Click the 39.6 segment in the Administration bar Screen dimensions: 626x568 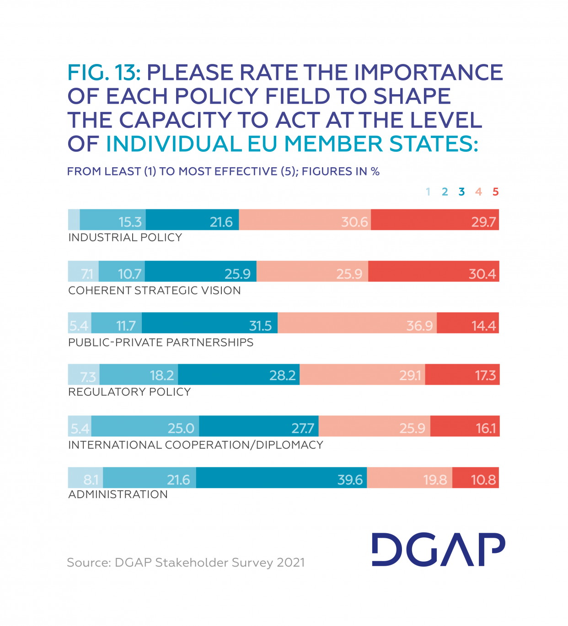pyautogui.click(x=281, y=477)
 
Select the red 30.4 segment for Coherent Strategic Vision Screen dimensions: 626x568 pyautogui.click(x=433, y=271)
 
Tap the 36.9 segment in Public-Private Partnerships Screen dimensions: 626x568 pyautogui.click(x=357, y=323)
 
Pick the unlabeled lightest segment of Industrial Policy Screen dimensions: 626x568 pyautogui.click(x=74, y=220)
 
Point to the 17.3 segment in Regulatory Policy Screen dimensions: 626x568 pyautogui.click(x=462, y=375)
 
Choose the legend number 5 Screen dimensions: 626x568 pyautogui.click(x=495, y=192)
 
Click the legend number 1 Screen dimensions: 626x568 pyautogui.click(x=428, y=192)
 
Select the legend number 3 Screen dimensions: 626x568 pyautogui.click(x=461, y=192)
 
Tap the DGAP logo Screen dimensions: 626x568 pyautogui.click(x=438, y=549)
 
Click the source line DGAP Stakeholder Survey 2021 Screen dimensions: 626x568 pyautogui.click(x=186, y=562)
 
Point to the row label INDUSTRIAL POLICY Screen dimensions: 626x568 pyautogui.click(x=125, y=238)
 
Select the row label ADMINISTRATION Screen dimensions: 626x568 pyautogui.click(x=118, y=494)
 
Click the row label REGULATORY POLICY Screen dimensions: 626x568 pyautogui.click(x=129, y=392)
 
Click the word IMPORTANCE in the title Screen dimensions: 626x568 pyautogui.click(x=429, y=73)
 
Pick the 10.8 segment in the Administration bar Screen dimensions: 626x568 pyautogui.click(x=476, y=477)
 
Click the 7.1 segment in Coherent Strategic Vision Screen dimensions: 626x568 pyautogui.click(x=83, y=271)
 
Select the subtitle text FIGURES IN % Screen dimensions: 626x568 pyautogui.click(x=341, y=172)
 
